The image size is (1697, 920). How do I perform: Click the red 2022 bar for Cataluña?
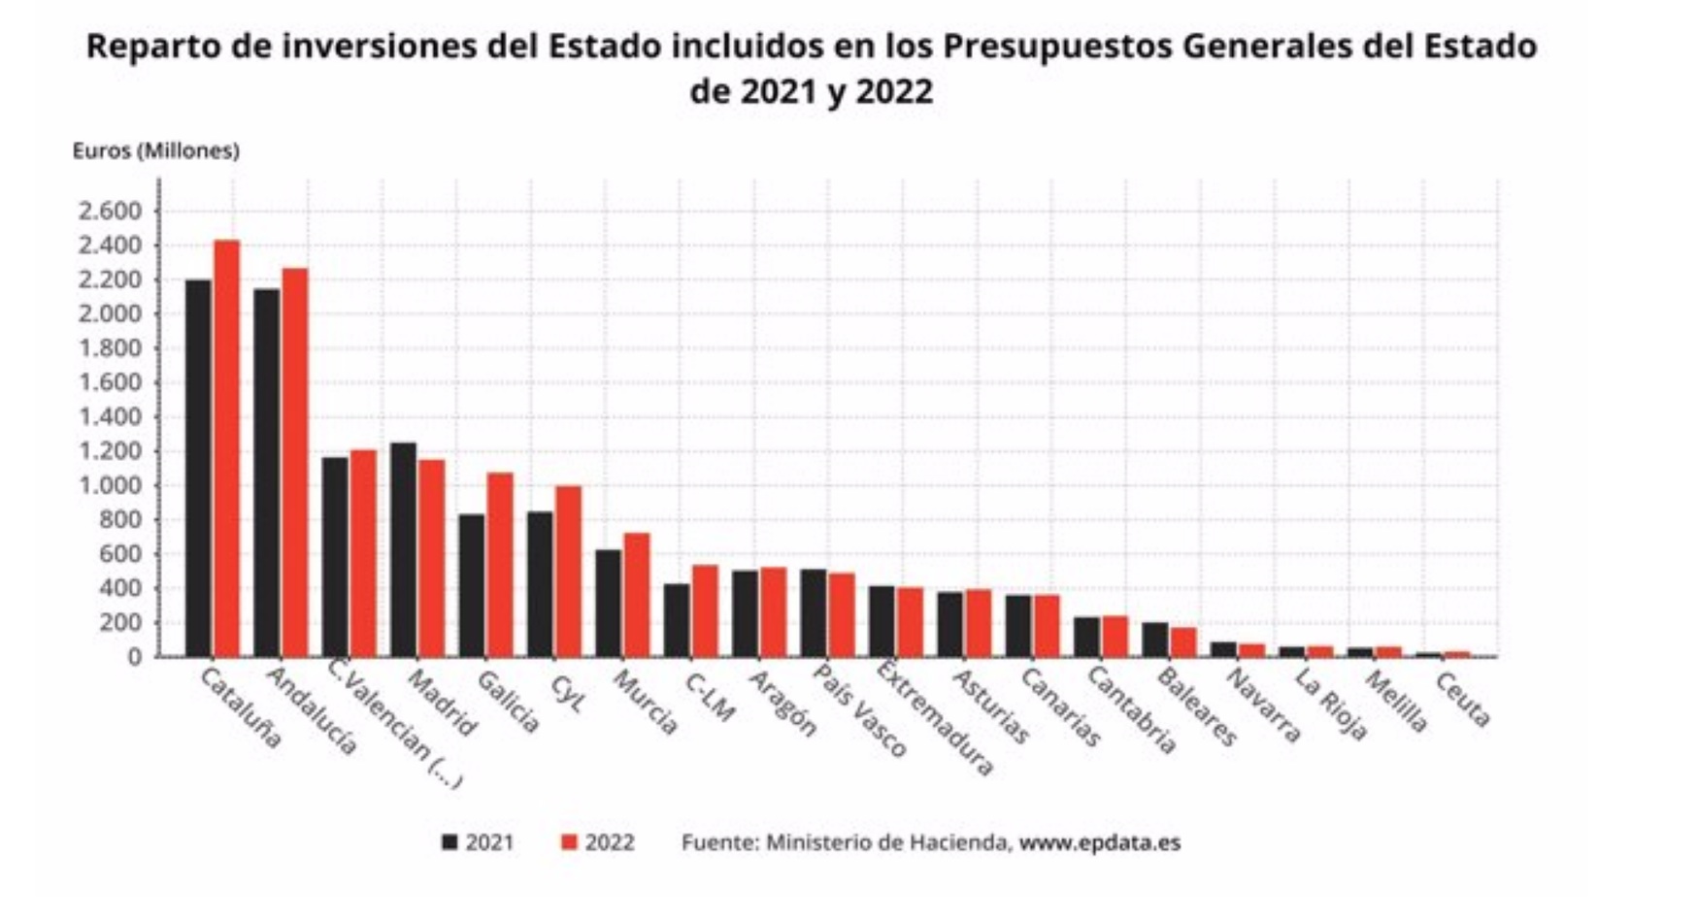point(226,448)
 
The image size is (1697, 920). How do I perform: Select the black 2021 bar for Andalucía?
point(267,473)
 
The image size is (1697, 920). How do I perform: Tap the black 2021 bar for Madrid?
point(403,549)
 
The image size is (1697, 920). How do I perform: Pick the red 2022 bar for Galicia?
point(500,565)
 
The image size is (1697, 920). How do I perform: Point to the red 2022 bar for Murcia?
point(637,595)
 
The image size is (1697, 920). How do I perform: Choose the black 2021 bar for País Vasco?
point(814,613)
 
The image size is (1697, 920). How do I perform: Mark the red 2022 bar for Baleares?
point(1183,642)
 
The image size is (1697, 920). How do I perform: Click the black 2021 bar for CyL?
point(540,584)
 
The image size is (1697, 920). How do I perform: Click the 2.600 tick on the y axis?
point(110,212)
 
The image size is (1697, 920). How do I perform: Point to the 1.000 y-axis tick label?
point(110,485)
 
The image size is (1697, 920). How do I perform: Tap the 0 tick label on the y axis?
point(135,657)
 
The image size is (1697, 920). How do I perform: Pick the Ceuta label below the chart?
point(1462,700)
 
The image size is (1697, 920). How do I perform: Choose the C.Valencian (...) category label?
point(393,723)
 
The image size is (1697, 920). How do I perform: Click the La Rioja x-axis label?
point(1331,705)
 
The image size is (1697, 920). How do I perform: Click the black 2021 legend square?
point(449,842)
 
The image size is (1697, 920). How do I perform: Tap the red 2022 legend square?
point(569,842)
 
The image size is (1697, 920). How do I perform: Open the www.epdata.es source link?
point(1099,842)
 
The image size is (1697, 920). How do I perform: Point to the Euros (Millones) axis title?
point(155,150)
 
